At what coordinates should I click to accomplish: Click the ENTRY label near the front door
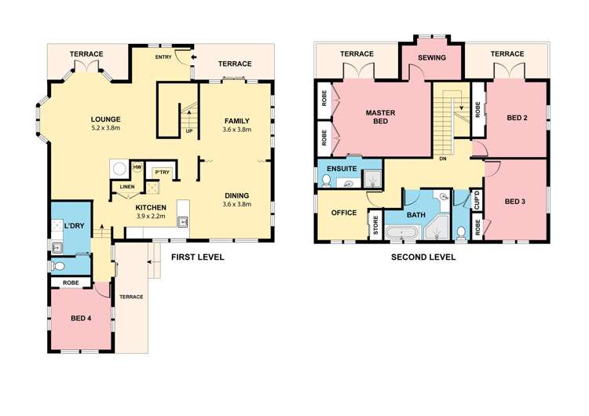tap(163, 57)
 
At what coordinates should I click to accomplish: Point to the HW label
tap(137, 167)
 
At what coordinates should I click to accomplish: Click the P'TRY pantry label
tap(163, 172)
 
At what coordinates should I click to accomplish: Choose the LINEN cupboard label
tap(126, 187)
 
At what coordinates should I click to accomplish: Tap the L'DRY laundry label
tap(74, 226)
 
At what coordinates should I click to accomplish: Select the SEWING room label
tap(431, 58)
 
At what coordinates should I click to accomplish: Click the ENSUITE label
tap(344, 169)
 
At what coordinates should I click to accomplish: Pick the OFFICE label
tap(343, 213)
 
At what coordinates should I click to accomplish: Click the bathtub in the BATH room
tap(406, 232)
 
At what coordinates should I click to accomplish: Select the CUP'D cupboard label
tap(477, 199)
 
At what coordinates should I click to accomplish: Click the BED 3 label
tap(514, 201)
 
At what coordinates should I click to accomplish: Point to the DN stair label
tap(443, 159)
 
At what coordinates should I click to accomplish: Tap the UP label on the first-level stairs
tap(188, 130)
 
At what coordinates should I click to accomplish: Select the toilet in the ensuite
tap(325, 181)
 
